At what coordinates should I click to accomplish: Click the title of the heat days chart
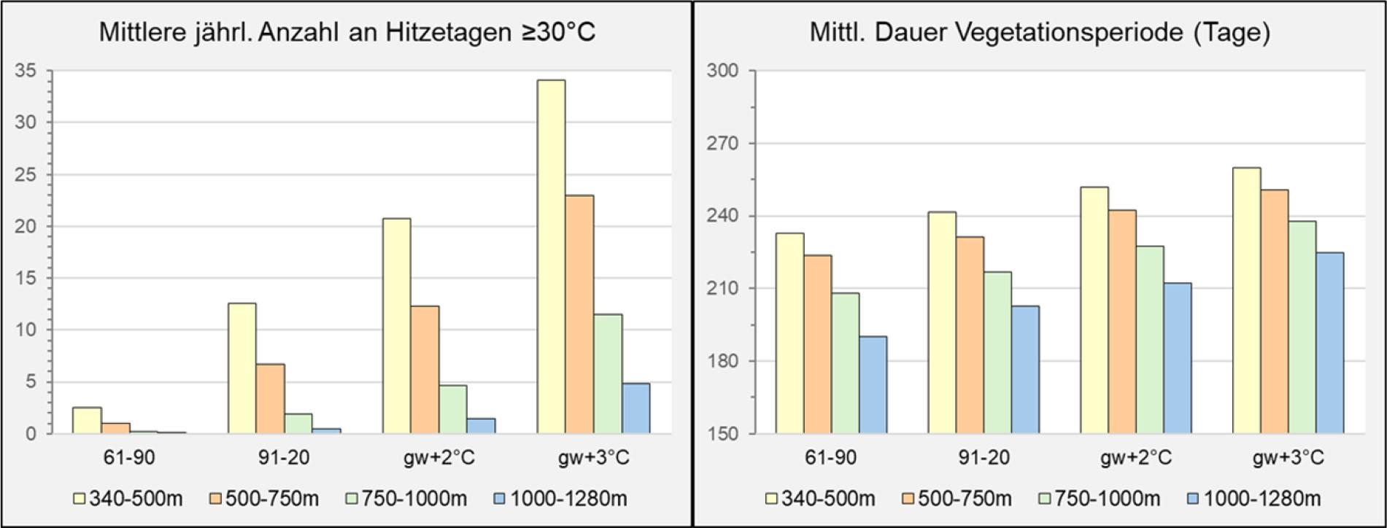pyautogui.click(x=347, y=33)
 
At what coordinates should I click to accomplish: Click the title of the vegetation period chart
pyautogui.click(x=1040, y=33)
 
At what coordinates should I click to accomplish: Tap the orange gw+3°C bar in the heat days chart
pyautogui.click(x=579, y=314)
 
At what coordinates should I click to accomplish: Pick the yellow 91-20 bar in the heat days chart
pyautogui.click(x=242, y=368)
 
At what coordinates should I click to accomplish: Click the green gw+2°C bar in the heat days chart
pyautogui.click(x=453, y=409)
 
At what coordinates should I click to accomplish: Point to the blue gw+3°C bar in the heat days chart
pyautogui.click(x=635, y=408)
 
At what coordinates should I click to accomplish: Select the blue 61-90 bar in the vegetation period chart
pyautogui.click(x=873, y=385)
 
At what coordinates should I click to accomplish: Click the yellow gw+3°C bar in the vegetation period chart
pyautogui.click(x=1246, y=300)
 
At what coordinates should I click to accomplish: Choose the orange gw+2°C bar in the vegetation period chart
pyautogui.click(x=1122, y=322)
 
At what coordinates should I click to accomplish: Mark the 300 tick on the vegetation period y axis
pyautogui.click(x=722, y=71)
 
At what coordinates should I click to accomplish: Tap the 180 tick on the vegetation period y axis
pyautogui.click(x=722, y=361)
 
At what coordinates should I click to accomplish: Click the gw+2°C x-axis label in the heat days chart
pyautogui.click(x=438, y=458)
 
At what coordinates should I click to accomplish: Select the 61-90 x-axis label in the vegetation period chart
pyautogui.click(x=831, y=458)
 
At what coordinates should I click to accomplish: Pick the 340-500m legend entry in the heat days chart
pyautogui.click(x=128, y=499)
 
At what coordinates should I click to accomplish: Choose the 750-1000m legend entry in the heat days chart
pyautogui.click(x=405, y=499)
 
